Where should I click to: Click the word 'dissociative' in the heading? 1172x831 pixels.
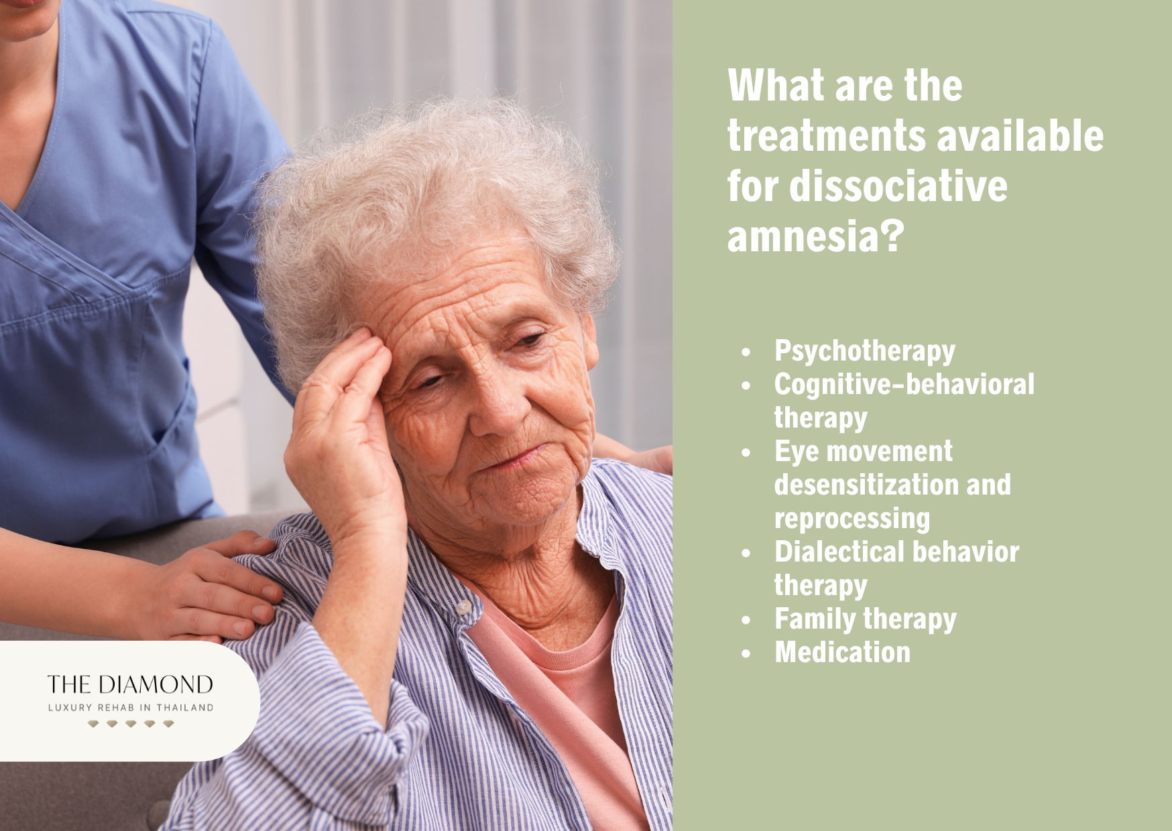click(x=898, y=186)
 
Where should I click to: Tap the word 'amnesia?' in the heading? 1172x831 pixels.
click(x=815, y=237)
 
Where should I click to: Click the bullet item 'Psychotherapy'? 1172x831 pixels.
click(x=864, y=350)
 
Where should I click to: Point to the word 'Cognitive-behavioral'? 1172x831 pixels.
click(x=904, y=385)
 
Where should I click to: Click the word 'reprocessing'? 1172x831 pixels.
click(x=852, y=519)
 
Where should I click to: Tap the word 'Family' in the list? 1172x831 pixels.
click(x=812, y=619)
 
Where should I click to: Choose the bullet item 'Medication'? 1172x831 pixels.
click(x=842, y=653)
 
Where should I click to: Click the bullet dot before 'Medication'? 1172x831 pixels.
click(x=746, y=654)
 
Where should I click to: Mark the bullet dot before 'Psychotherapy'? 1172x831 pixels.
click(x=746, y=352)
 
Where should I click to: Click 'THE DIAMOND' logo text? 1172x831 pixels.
click(x=130, y=684)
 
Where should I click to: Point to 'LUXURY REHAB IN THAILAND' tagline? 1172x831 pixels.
click(x=131, y=708)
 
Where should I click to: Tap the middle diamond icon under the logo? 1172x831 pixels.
click(x=131, y=724)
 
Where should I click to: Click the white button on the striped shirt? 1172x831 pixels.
click(x=463, y=607)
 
